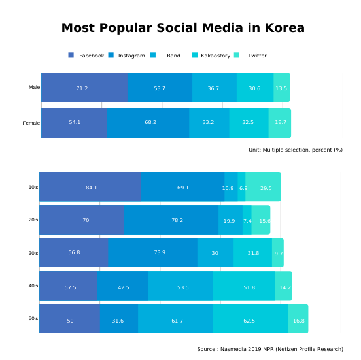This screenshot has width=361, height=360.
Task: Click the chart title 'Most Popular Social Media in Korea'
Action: click(182, 28)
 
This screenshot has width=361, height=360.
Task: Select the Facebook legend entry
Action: click(86, 56)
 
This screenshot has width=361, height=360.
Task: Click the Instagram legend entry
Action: click(127, 56)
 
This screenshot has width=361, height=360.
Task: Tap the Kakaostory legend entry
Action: click(211, 56)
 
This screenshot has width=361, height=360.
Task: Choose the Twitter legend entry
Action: click(251, 56)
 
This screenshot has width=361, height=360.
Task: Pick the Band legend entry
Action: click(167, 56)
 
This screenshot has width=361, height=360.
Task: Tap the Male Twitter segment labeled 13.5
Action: click(281, 88)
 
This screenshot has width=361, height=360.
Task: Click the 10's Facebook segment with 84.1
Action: click(90, 188)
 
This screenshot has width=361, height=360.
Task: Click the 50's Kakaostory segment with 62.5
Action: click(250, 319)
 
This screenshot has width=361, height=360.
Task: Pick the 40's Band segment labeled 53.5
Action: click(180, 286)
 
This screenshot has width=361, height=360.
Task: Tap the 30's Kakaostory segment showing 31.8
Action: click(252, 253)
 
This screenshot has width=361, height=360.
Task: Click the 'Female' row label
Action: click(31, 123)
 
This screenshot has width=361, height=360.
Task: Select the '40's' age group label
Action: click(33, 286)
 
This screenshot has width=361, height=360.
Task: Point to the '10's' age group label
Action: click(33, 187)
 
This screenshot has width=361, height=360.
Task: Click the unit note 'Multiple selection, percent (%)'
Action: click(296, 150)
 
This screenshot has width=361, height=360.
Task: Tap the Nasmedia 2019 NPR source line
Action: click(270, 349)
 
